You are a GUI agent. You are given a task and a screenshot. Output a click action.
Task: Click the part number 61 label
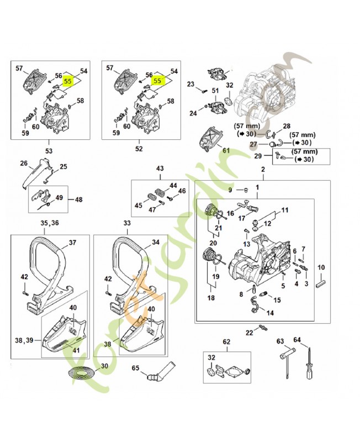(225, 150)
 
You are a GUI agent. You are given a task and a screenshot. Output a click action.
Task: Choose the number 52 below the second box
(139, 149)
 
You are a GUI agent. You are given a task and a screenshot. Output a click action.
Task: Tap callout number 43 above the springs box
(160, 169)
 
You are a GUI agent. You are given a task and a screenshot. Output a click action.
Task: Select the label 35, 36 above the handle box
(48, 223)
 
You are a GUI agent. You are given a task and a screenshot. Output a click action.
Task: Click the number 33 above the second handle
(128, 223)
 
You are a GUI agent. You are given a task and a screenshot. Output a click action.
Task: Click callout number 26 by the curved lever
(24, 163)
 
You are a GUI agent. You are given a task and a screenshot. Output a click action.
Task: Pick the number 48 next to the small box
(79, 200)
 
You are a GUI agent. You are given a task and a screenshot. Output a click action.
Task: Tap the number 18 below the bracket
(210, 298)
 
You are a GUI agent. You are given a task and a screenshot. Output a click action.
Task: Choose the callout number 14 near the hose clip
(270, 313)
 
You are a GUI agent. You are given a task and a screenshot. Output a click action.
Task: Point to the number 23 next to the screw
(191, 84)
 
